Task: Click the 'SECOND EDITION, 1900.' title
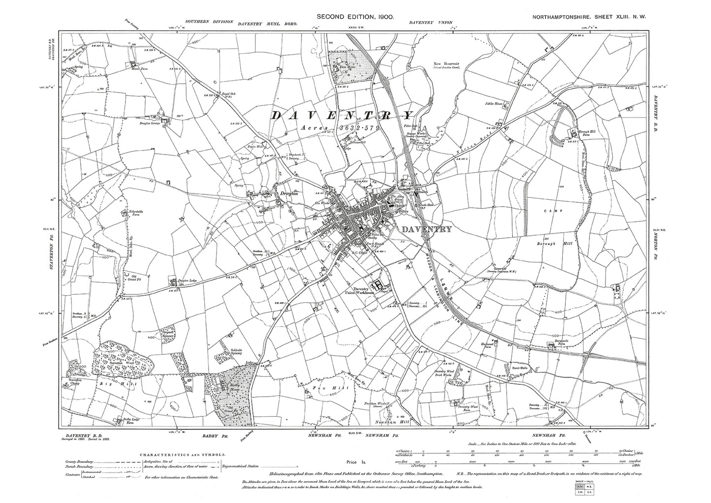coord(355,17)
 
